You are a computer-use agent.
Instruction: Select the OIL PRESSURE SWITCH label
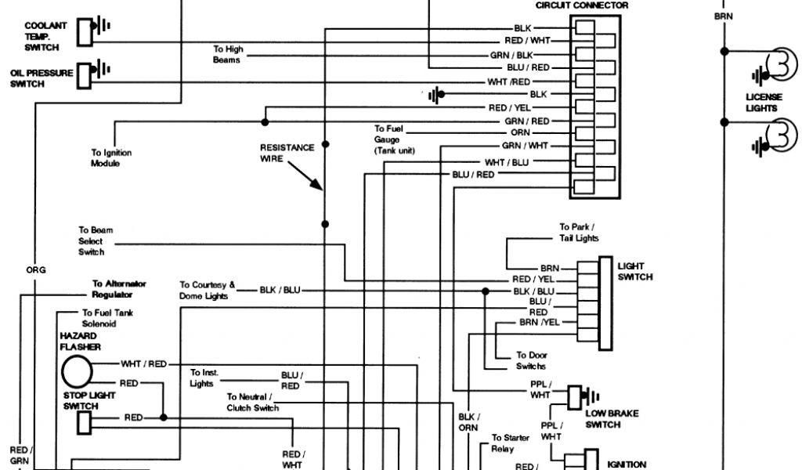[41, 78]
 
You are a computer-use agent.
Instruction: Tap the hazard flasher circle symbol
[77, 369]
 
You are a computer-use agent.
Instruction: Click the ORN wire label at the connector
[521, 133]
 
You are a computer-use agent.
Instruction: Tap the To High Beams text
[228, 54]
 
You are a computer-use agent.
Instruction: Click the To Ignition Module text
[111, 157]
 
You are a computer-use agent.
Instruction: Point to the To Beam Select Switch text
[92, 241]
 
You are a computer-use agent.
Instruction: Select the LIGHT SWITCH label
[634, 271]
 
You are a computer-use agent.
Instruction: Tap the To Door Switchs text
[531, 360]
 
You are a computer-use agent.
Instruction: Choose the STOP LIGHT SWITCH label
[89, 400]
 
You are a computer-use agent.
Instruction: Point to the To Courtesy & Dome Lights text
[207, 291]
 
